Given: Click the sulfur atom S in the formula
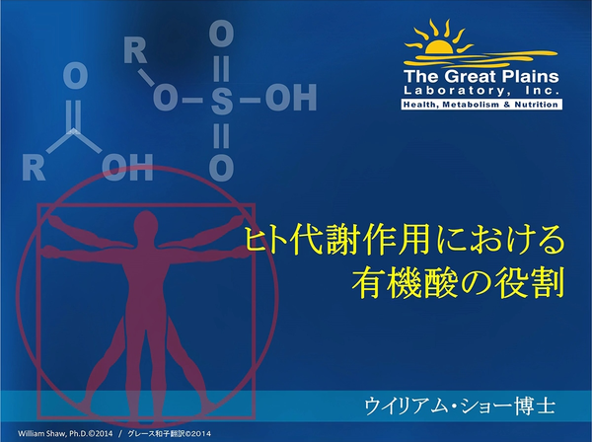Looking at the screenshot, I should [223, 100].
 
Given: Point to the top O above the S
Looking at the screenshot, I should [223, 37].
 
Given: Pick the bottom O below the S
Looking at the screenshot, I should [223, 166].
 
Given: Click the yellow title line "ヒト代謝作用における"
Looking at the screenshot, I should [405, 240].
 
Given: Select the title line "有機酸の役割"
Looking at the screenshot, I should [458, 280].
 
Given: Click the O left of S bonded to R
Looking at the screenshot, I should [166, 100].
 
